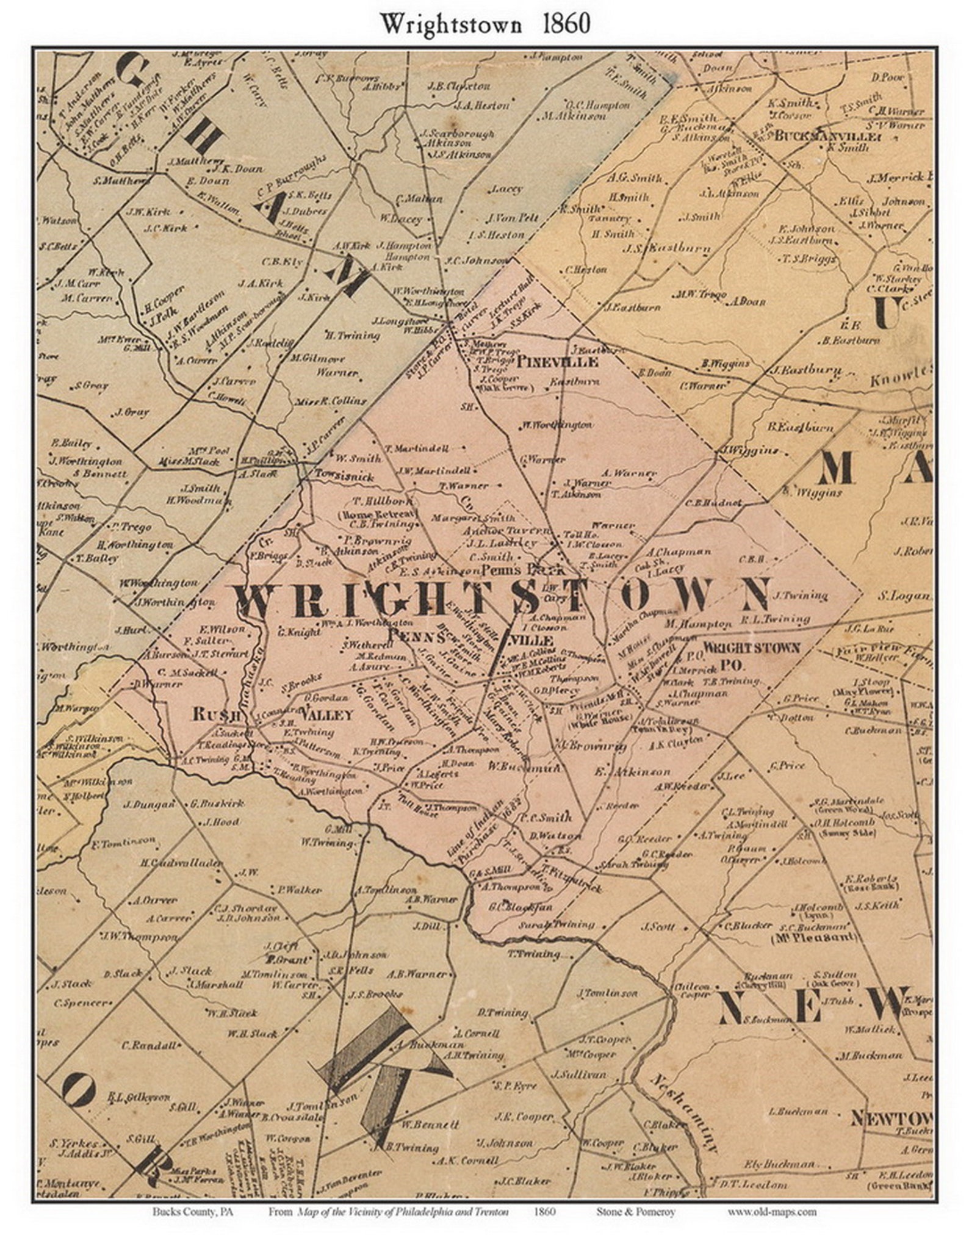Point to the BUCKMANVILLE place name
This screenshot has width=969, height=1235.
coord(827,137)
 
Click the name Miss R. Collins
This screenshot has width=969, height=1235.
coord(330,401)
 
